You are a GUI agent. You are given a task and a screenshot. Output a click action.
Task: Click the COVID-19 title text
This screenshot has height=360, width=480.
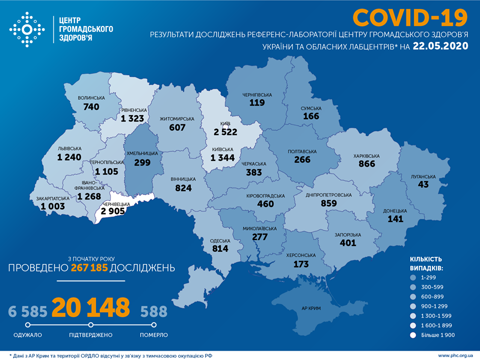410,17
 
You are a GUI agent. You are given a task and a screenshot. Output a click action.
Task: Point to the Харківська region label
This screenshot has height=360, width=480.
366,156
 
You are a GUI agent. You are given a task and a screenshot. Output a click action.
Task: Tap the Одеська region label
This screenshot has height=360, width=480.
220,240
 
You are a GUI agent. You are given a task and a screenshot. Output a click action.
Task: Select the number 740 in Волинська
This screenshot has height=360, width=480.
92,106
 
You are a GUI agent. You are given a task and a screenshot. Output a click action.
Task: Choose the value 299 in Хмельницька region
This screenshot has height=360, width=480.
142,162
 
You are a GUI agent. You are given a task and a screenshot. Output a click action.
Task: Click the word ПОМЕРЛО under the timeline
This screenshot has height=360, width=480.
154,335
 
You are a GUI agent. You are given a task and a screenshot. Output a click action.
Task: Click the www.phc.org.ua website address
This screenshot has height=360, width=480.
455,355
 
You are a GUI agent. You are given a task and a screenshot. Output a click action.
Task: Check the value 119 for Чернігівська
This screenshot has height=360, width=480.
257,102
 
